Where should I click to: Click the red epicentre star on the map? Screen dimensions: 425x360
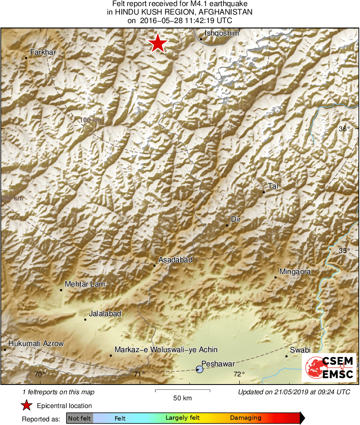158,43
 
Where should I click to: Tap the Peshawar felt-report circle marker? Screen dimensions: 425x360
199,369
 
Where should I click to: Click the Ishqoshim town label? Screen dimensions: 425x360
222,34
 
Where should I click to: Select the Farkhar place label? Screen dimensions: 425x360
43,52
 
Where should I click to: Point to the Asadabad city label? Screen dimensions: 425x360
175,260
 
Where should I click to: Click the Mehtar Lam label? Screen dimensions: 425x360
85,284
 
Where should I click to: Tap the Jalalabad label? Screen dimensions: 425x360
105,314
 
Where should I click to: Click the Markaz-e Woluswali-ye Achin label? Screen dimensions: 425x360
166,350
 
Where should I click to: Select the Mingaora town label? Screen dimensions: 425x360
295,272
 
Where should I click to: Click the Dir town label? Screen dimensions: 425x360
236,219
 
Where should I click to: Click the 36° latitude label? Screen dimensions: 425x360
344,129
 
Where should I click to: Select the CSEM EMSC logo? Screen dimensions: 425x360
329,368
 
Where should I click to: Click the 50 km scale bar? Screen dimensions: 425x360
182,391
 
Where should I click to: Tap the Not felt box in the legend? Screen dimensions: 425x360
79,418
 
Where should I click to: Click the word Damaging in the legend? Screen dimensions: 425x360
245,418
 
